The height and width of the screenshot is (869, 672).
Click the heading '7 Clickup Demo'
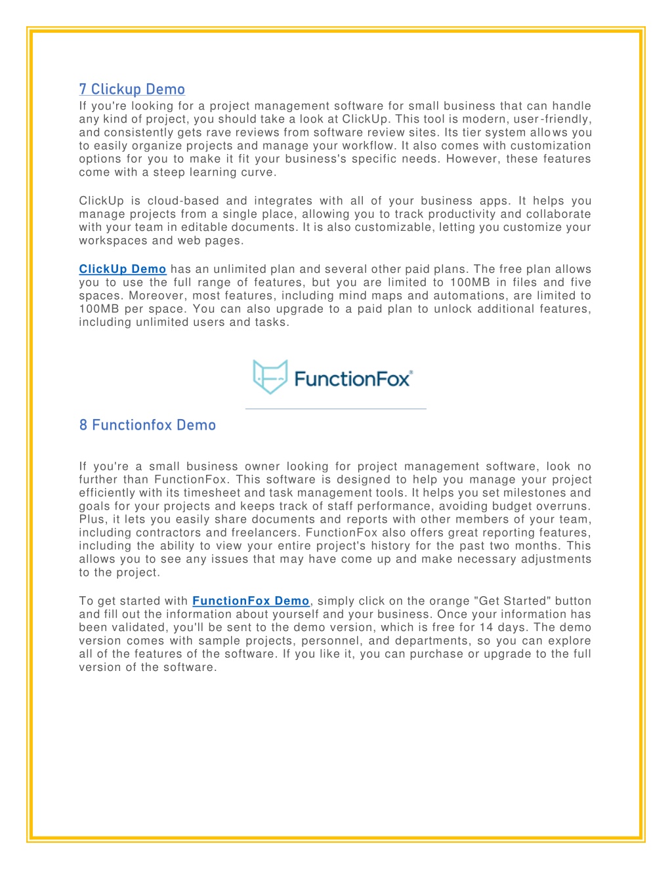(x=132, y=90)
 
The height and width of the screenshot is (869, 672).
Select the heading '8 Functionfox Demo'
(x=148, y=425)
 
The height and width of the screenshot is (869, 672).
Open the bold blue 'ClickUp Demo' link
(x=123, y=270)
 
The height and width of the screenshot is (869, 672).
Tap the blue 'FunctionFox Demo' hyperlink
(x=251, y=601)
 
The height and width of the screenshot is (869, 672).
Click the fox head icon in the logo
(x=270, y=376)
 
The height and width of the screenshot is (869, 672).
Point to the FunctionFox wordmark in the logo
(x=353, y=379)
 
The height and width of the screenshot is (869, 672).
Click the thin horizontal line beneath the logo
(x=335, y=409)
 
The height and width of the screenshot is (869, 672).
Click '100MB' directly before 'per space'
(x=99, y=309)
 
